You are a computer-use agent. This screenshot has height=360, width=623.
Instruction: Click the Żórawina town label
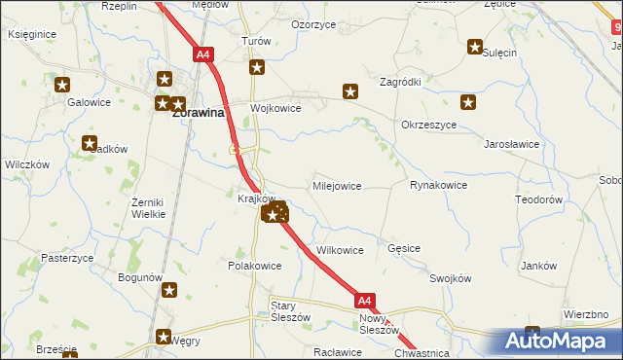[x=199, y=112]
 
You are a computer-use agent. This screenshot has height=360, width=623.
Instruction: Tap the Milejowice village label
[x=337, y=185]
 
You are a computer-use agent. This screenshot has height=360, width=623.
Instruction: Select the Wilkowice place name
[x=339, y=250]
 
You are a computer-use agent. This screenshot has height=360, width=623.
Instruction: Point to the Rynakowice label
[x=438, y=185]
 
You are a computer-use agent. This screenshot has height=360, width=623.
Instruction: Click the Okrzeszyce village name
[x=428, y=126]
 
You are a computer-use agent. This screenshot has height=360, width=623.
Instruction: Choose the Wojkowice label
[x=275, y=108]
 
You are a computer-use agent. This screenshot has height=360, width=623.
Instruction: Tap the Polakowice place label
[x=254, y=266]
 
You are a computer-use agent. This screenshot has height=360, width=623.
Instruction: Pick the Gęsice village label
[x=403, y=248]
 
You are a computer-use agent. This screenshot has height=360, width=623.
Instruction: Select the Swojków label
[x=450, y=278]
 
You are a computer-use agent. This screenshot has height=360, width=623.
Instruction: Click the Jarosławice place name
[x=512, y=143]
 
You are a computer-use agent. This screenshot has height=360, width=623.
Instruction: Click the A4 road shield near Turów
[x=203, y=55]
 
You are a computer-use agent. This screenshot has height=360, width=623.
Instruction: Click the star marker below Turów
[x=257, y=67]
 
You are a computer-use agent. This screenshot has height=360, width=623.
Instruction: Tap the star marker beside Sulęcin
[x=475, y=46]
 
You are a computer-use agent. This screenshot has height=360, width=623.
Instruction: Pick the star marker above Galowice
[x=63, y=85]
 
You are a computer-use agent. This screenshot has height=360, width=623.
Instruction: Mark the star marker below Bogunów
[x=169, y=289]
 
